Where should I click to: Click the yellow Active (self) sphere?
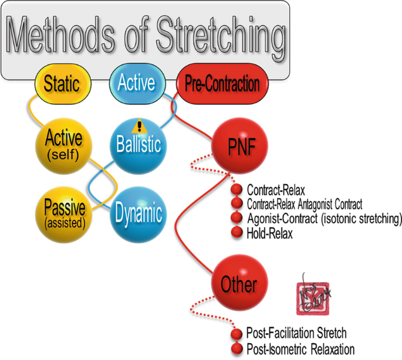click(63, 144)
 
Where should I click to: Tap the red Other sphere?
click(239, 285)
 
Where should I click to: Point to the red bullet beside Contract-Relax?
click(237, 191)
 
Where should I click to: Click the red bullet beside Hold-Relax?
click(237, 233)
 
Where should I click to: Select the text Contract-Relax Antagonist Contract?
click(305, 205)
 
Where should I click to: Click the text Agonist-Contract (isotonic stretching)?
click(324, 219)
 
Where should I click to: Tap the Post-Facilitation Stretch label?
click(296, 333)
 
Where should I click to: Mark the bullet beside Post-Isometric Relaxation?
click(237, 347)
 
